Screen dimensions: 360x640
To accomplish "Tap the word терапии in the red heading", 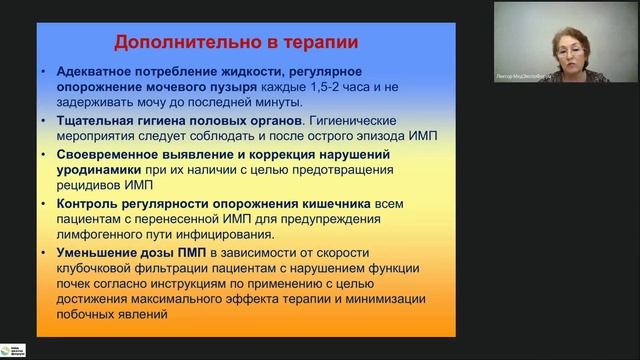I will pyautogui.click(x=309, y=43).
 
